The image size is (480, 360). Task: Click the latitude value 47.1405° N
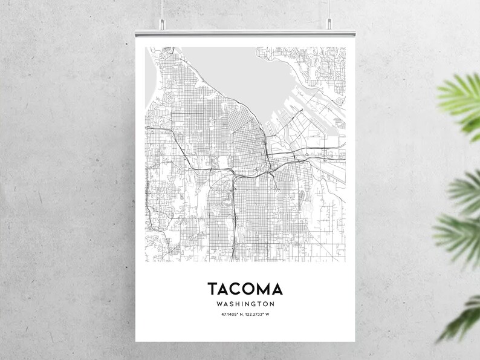click(232, 315)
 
